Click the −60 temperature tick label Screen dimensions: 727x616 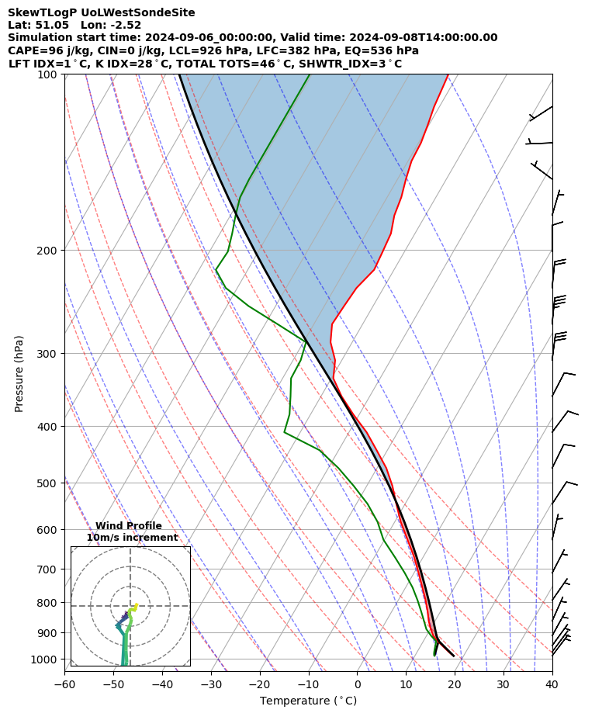click(64, 684)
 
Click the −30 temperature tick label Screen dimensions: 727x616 click(211, 684)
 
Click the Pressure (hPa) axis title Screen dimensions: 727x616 click(19, 373)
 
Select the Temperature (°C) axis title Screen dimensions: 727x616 click(308, 701)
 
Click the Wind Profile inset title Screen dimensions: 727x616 click(129, 526)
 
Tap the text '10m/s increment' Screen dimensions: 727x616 click(132, 538)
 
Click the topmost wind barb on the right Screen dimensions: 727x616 click(542, 112)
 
